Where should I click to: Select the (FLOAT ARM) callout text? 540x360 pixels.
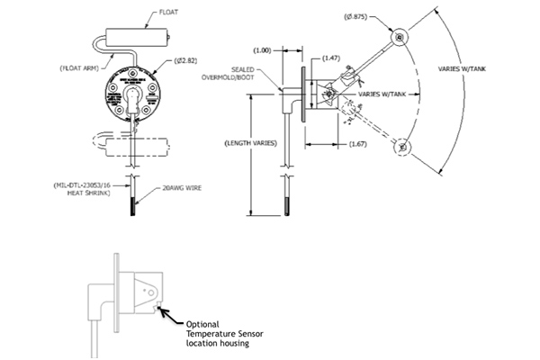coord(79,67)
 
